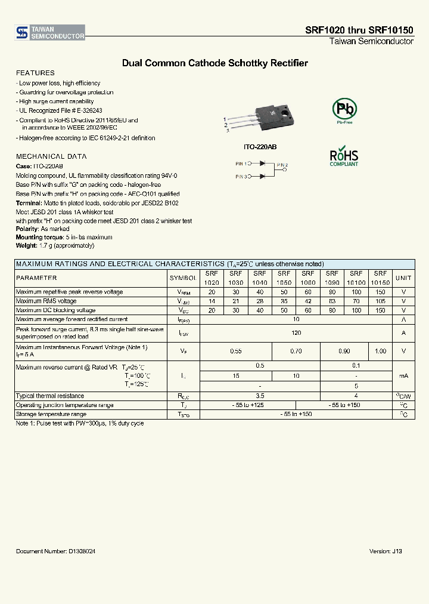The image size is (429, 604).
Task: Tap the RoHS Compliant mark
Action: coord(344,156)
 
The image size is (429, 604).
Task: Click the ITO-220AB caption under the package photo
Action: coord(260,147)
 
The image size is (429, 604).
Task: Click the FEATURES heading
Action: coord(35,73)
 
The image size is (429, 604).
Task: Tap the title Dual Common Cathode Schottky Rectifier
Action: coord(214,63)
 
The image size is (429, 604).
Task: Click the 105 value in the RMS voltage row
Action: coord(380,301)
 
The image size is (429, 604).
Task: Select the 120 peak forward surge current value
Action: coord(296,332)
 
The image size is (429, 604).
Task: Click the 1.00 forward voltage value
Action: coord(380,352)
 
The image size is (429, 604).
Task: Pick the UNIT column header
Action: coord(403,278)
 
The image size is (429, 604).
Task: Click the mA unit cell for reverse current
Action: coord(403,375)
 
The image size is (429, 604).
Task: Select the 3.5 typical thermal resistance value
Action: coord(260,396)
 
